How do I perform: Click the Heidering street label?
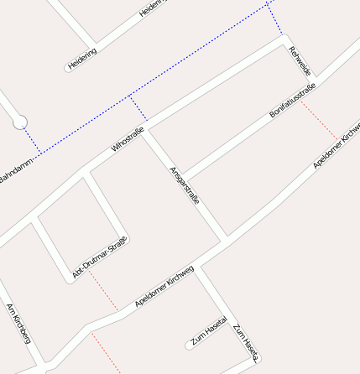tap(83, 59)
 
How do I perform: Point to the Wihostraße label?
tap(128, 138)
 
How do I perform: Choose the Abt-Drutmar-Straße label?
tap(100, 257)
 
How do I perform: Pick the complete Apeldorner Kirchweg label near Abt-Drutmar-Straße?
tap(164, 287)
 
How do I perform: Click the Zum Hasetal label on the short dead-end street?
tap(209, 331)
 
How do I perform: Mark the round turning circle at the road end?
tap(20, 122)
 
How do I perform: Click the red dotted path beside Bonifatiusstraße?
tap(320, 121)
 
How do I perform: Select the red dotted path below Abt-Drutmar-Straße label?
tap(103, 291)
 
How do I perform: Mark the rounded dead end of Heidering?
tap(69, 68)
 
